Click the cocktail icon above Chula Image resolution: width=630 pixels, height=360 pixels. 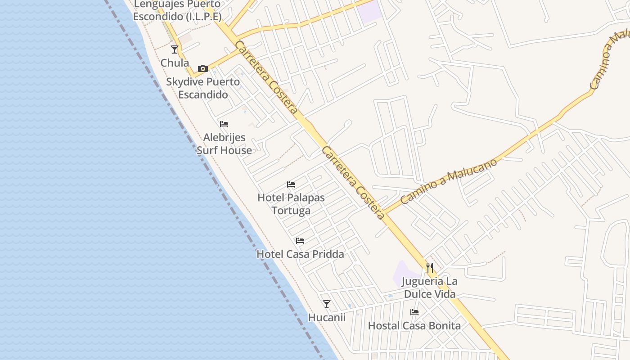[175, 49]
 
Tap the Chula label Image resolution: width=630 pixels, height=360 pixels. [175, 63]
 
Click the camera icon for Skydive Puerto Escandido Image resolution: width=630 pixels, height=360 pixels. [203, 68]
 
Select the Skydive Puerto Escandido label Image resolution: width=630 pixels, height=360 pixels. [203, 88]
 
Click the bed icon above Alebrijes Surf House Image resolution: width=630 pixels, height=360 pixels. [224, 124]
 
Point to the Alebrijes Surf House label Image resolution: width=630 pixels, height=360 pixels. [224, 144]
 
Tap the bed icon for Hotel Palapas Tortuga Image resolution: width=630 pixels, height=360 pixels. [291, 184]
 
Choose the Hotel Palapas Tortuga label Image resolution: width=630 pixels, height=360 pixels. [291, 204]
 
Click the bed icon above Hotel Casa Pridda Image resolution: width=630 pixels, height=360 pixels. [300, 241]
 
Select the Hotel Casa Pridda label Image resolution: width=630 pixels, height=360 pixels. [300, 254]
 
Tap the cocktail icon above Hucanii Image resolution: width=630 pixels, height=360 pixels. [327, 304]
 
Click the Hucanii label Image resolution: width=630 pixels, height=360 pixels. [327, 317]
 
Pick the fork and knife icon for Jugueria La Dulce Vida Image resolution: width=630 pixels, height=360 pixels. [430, 268]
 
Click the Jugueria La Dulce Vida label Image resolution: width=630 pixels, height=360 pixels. [430, 288]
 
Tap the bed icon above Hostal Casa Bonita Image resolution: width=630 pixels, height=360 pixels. [414, 312]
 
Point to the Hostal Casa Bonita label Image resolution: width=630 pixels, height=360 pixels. [414, 326]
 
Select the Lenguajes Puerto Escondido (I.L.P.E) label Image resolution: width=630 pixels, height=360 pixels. [177, 10]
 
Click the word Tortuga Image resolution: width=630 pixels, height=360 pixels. [291, 211]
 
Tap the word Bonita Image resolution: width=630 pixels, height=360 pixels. [444, 326]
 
